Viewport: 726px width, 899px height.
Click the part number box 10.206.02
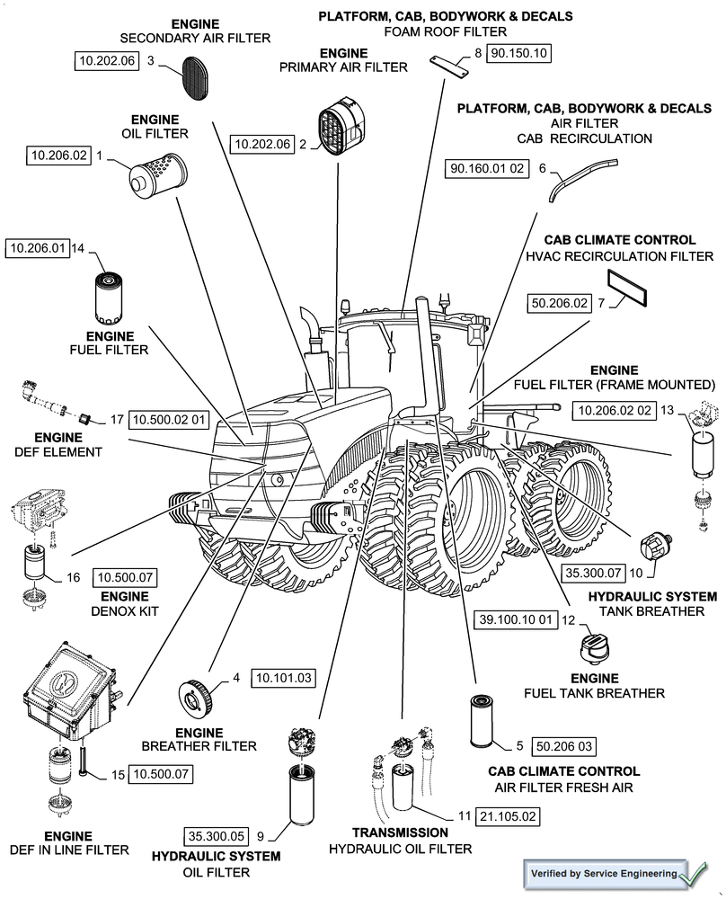click(59, 156)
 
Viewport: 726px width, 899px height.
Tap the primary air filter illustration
click(339, 131)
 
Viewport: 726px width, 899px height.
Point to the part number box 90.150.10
click(518, 53)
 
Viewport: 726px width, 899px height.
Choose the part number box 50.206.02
click(560, 304)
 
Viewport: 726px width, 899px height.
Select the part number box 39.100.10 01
click(516, 619)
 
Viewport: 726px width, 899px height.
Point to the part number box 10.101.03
click(284, 677)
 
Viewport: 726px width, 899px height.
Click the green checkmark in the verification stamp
click(694, 873)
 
